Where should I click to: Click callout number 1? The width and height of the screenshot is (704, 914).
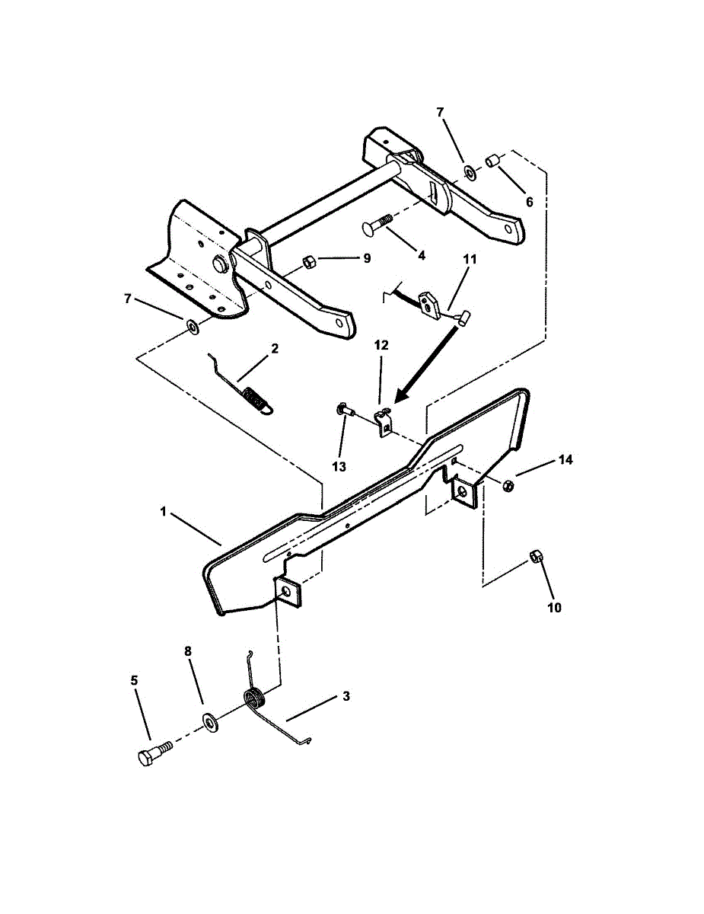tap(163, 513)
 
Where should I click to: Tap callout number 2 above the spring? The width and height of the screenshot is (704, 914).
tap(274, 349)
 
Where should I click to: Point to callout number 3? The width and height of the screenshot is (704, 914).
tap(346, 696)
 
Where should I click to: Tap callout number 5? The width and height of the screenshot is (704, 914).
tap(135, 680)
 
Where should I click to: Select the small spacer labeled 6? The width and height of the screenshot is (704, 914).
tap(492, 161)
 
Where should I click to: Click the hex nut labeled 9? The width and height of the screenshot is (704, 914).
tap(310, 261)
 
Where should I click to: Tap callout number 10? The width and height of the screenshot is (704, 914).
tap(553, 608)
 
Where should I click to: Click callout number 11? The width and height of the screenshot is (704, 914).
tap(470, 260)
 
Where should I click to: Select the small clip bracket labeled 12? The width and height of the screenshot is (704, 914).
tap(384, 421)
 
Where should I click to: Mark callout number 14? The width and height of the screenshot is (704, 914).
tap(565, 460)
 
